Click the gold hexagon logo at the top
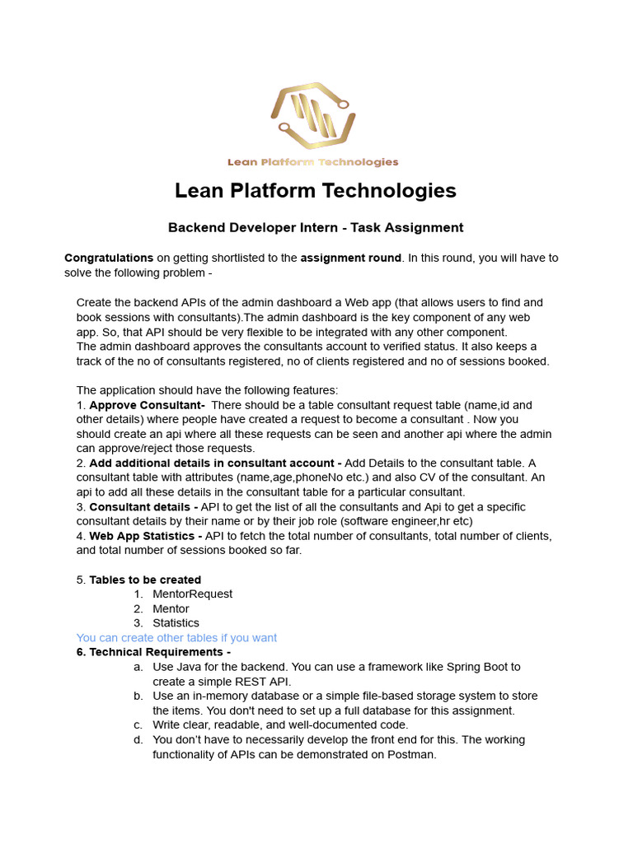point(313,116)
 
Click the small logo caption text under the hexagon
point(313,162)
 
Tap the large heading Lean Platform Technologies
point(315,191)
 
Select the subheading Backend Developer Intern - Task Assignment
point(316,228)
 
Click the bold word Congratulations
point(109,258)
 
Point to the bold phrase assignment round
point(350,258)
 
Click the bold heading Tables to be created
point(145,580)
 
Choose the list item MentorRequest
point(192,594)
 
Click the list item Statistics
point(176,623)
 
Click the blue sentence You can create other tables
point(176,638)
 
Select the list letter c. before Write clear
point(138,725)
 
